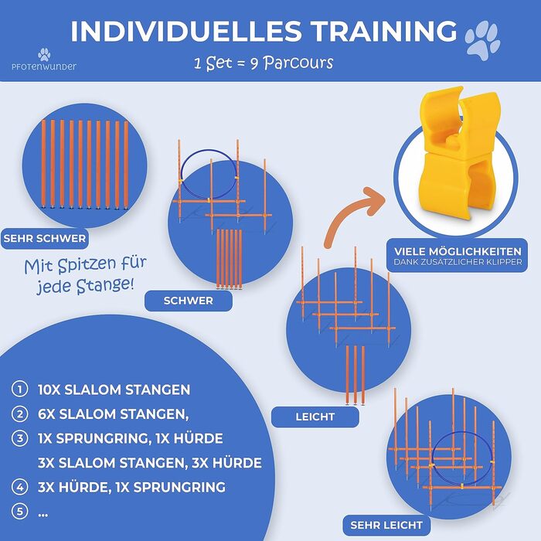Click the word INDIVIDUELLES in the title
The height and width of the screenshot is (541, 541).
point(186,31)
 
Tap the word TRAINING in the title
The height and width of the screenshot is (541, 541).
point(384,31)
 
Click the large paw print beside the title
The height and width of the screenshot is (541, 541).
point(482,40)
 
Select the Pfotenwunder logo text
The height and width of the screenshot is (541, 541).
point(44,66)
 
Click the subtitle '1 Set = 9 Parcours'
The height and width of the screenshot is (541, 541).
point(264,63)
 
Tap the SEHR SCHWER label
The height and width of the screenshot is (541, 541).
point(45,238)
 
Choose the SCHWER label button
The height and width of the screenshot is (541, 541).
point(189,301)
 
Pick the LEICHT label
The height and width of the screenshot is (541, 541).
point(315,417)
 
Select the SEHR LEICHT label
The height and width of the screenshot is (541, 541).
point(386,525)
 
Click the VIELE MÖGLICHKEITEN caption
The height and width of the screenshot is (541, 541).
point(458,255)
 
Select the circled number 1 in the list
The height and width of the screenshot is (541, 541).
point(19,390)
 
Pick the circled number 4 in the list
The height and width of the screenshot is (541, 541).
point(19,487)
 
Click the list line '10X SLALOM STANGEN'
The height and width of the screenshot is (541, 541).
point(114,390)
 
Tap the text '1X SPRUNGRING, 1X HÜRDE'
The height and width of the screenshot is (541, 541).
point(131,438)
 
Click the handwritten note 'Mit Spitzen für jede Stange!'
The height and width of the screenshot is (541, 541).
point(86,275)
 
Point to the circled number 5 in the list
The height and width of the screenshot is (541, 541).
point(19,511)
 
